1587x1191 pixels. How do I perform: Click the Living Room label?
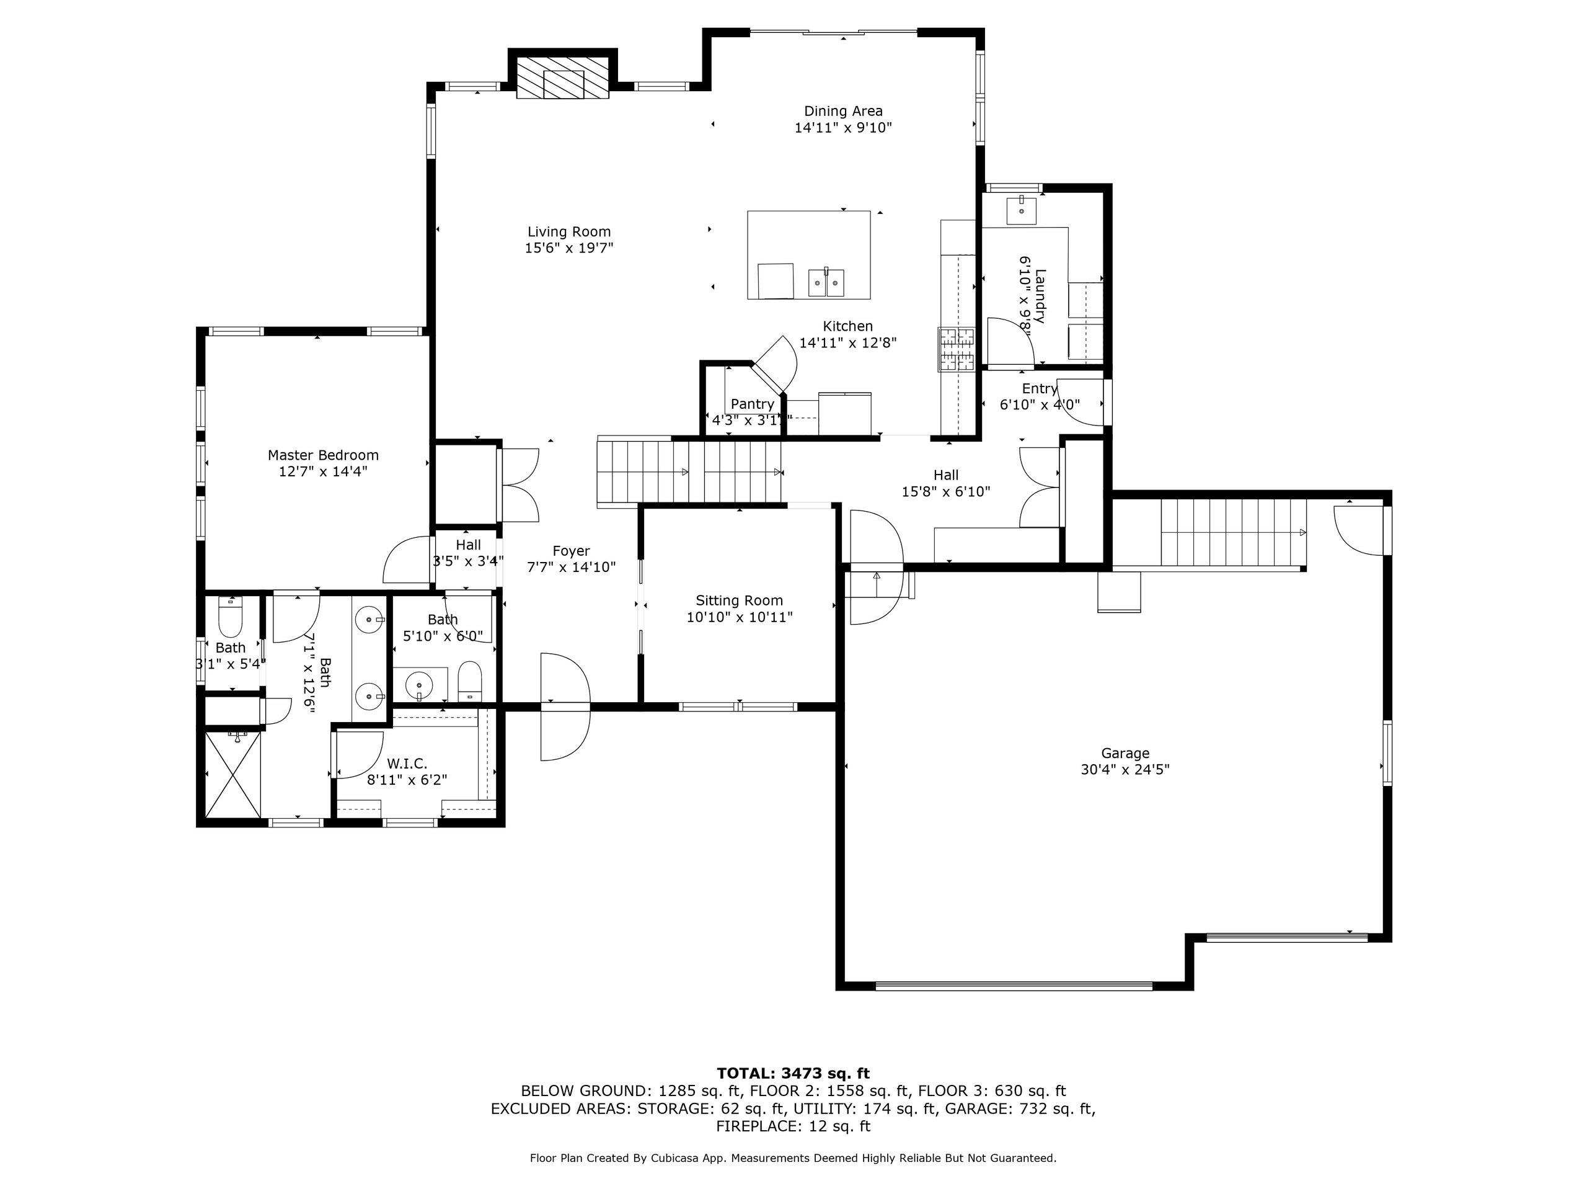click(569, 232)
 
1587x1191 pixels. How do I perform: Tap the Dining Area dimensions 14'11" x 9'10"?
click(842, 128)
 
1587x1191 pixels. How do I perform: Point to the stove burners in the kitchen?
click(957, 349)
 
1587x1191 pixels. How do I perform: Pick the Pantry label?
click(752, 404)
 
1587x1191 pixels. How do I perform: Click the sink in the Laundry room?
click(1021, 210)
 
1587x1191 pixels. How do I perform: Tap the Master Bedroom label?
click(323, 455)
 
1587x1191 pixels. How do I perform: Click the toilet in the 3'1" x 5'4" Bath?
click(231, 617)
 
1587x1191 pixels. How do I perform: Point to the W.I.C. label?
click(407, 764)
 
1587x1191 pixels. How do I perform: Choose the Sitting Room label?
click(739, 600)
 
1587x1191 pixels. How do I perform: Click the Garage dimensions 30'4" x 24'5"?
click(1125, 769)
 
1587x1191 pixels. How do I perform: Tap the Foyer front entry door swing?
click(565, 707)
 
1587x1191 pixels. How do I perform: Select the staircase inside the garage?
click(1232, 533)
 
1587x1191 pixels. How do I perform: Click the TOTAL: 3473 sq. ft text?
click(793, 1073)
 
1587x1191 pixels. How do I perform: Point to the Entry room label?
click(1040, 388)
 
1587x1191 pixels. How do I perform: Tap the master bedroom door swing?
click(406, 561)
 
